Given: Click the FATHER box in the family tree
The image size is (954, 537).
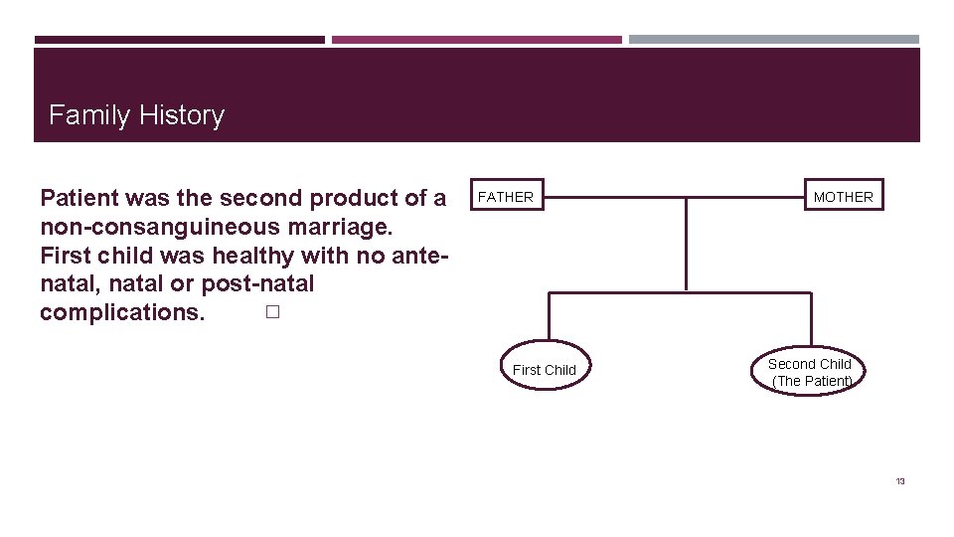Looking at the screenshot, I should coord(506,197).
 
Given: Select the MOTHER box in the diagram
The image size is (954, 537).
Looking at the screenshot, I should coord(843,197).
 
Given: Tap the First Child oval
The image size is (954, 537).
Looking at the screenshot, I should coord(545,370).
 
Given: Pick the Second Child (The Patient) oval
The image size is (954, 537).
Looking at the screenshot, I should coord(811,372).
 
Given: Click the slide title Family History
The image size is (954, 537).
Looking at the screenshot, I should coord(136,115).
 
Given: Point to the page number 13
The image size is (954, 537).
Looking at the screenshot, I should coord(900,481).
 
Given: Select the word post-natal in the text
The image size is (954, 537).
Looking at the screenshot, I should coord(257,283).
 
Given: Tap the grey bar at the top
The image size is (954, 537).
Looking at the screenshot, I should coord(773,40).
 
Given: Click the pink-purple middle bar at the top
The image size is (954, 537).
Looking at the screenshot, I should coord(476,40).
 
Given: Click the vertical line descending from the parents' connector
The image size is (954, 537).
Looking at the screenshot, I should coord(686,244).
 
